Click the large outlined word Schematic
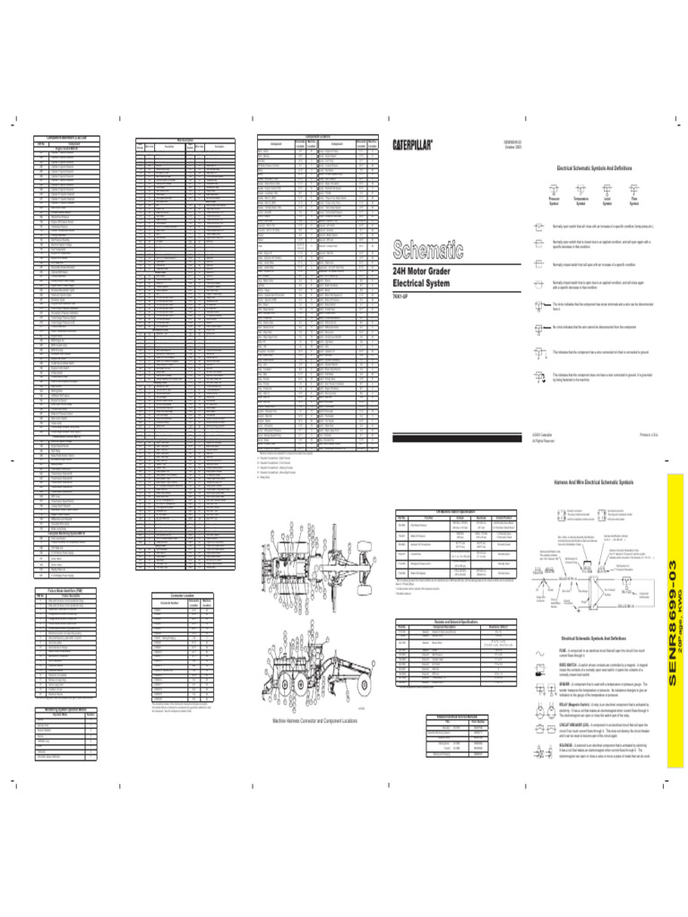click(x=429, y=246)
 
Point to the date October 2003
click(x=512, y=147)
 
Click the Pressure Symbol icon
click(x=554, y=189)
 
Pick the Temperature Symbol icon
click(x=580, y=189)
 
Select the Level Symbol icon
click(x=608, y=189)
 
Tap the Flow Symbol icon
click(x=635, y=189)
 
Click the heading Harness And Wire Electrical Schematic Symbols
click(x=595, y=481)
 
